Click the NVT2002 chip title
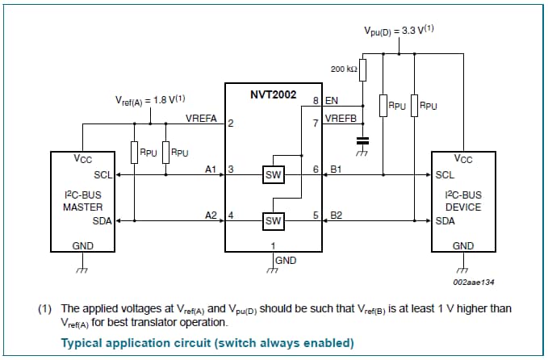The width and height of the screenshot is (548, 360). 274,94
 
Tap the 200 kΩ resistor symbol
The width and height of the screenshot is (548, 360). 363,70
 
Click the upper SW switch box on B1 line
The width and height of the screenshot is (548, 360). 274,175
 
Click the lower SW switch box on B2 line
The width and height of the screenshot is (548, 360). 274,220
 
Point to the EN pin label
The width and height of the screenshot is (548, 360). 332,102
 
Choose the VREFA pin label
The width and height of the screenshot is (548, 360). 201,119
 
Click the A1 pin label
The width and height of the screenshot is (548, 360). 211,170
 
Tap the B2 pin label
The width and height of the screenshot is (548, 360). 337,215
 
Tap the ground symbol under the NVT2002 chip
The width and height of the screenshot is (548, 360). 273,269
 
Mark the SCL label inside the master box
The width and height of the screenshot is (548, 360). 102,174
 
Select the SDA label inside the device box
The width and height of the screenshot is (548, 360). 446,220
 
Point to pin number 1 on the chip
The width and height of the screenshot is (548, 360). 273,245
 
